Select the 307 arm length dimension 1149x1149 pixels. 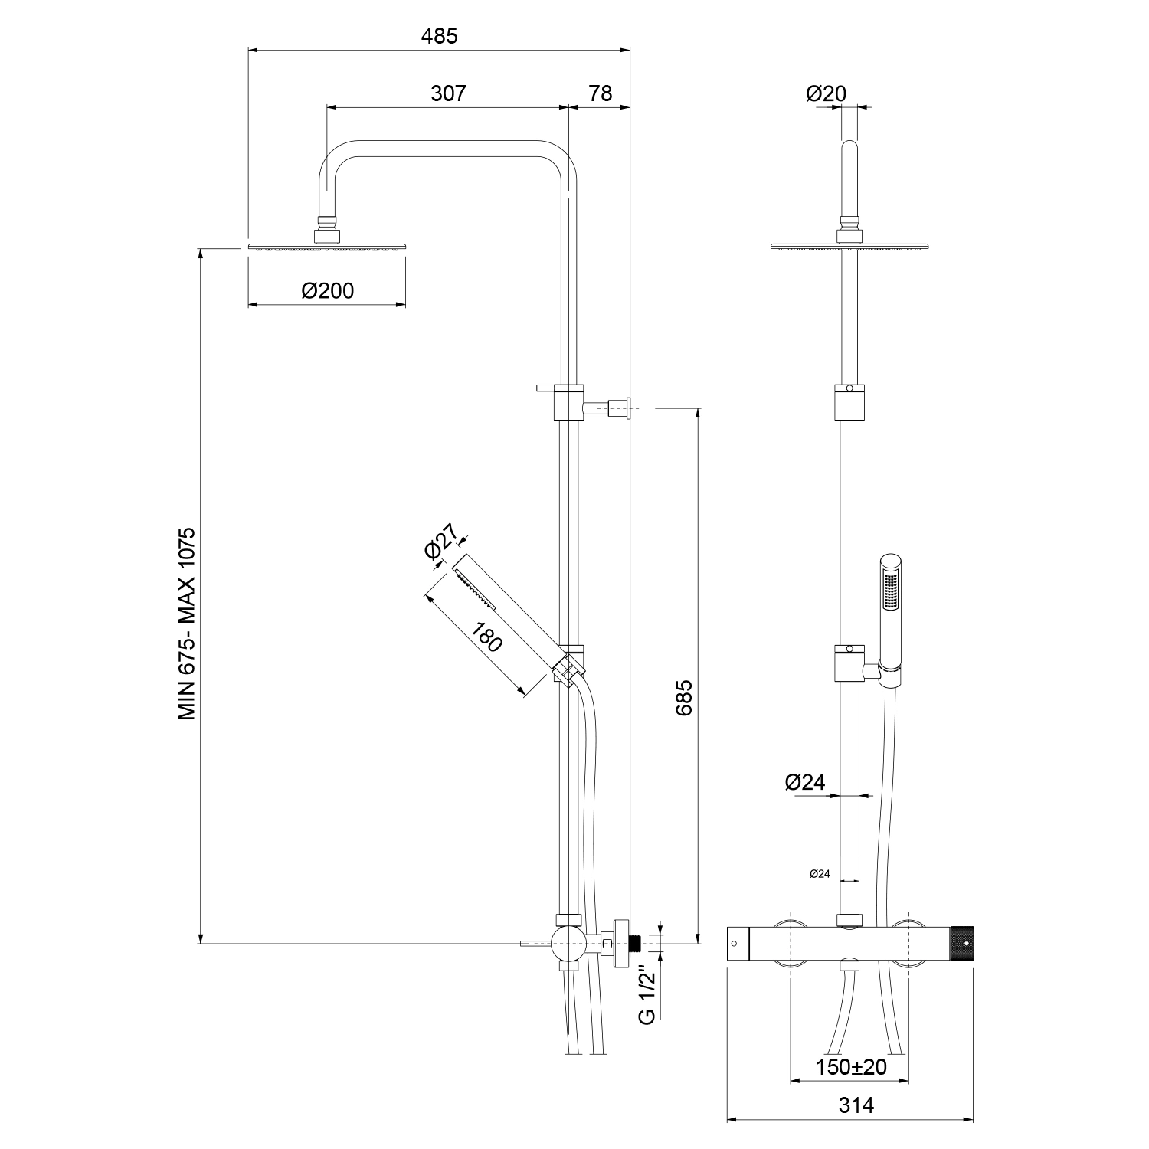pyautogui.click(x=448, y=93)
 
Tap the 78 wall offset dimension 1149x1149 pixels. pyautogui.click(x=601, y=93)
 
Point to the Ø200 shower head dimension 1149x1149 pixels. pyautogui.click(x=327, y=291)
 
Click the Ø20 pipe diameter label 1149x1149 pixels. pyautogui.click(x=827, y=93)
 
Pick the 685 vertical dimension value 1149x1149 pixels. pyautogui.click(x=684, y=697)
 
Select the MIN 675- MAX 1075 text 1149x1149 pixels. pyautogui.click(x=188, y=623)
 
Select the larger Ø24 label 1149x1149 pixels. pyautogui.click(x=805, y=782)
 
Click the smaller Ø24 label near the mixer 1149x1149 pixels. pyautogui.click(x=820, y=873)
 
